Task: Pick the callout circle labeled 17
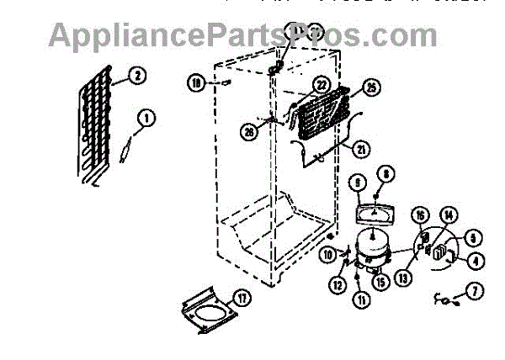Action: pos(242,297)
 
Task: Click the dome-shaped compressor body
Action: pos(367,246)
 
